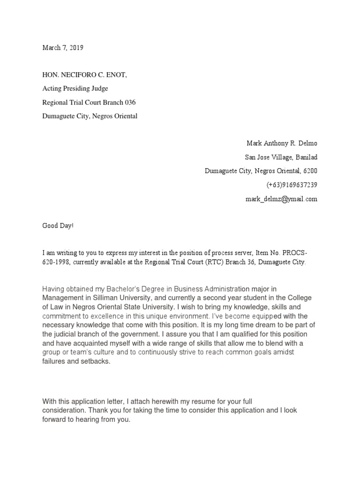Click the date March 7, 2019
pos(63,48)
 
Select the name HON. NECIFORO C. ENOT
pos(85,75)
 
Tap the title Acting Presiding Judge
pos(75,88)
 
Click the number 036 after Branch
pos(128,102)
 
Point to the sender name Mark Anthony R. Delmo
pos(282,143)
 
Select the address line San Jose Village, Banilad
pos(281,157)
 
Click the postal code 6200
pos(310,171)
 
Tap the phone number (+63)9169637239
pos(292,185)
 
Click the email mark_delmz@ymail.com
pos(281,199)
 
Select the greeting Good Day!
pos(58,226)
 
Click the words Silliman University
pos(154,298)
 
